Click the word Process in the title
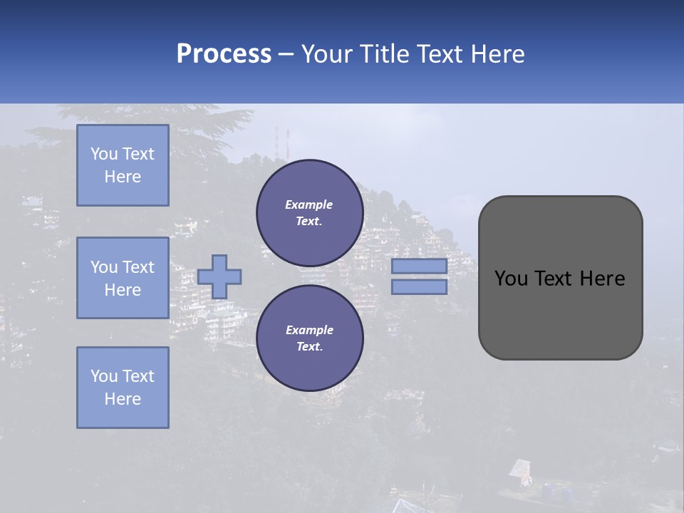click(x=224, y=54)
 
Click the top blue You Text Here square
click(x=123, y=165)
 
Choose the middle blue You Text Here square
click(x=123, y=278)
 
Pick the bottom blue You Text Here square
click(x=123, y=388)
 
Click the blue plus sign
click(x=219, y=276)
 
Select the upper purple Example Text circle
click(x=309, y=213)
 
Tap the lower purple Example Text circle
click(x=309, y=338)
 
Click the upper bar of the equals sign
click(x=419, y=266)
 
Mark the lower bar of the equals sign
click(x=419, y=287)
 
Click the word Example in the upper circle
click(x=309, y=204)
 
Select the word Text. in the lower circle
click(x=309, y=347)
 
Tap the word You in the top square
click(x=104, y=154)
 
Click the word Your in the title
click(x=328, y=54)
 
